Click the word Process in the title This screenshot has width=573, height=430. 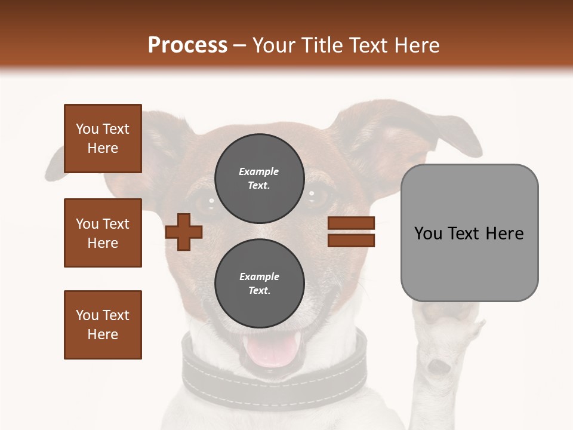coord(187,45)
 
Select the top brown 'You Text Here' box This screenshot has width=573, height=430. coord(103,139)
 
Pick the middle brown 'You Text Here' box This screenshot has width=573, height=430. coord(103,233)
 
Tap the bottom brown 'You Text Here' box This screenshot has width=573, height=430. coord(103,325)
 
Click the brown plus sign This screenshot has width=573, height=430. coord(184,231)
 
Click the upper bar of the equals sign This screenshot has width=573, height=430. coord(351,223)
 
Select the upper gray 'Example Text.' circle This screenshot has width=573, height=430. coord(259,178)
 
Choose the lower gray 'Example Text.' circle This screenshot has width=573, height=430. coord(259,283)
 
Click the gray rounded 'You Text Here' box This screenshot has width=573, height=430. coord(469,233)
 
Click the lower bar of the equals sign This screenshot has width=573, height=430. coord(351,240)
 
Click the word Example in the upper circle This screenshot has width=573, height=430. coord(259,171)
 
